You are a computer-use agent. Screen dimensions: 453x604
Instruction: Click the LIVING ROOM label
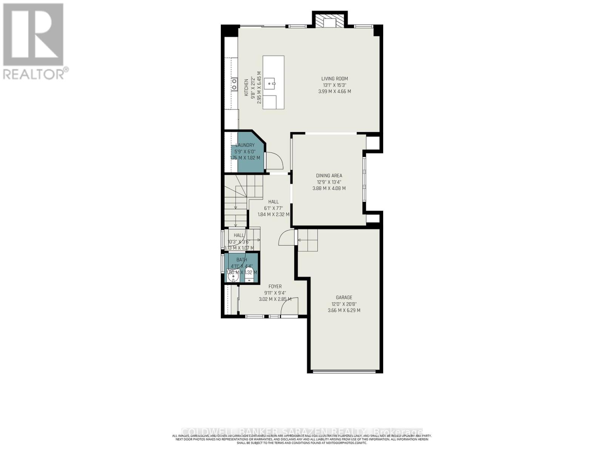(x=334, y=79)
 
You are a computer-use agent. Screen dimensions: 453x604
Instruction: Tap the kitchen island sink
(x=270, y=82)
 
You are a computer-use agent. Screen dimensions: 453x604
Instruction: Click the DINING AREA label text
(x=329, y=176)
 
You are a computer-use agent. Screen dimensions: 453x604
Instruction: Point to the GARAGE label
(x=344, y=297)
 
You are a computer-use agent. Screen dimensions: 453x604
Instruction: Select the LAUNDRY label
(x=245, y=145)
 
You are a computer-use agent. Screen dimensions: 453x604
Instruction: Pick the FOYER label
(x=275, y=287)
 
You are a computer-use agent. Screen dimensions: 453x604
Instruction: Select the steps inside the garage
(x=308, y=240)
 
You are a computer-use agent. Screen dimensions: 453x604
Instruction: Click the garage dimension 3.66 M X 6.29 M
(x=344, y=310)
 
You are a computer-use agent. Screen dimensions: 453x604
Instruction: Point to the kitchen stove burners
(x=234, y=84)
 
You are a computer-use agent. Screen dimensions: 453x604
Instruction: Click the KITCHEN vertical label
(x=246, y=88)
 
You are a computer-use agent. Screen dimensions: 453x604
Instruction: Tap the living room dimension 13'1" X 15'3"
(x=334, y=85)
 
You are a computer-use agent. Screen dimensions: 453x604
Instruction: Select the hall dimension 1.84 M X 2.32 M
(x=273, y=214)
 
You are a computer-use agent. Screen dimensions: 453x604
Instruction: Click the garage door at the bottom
(x=344, y=372)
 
